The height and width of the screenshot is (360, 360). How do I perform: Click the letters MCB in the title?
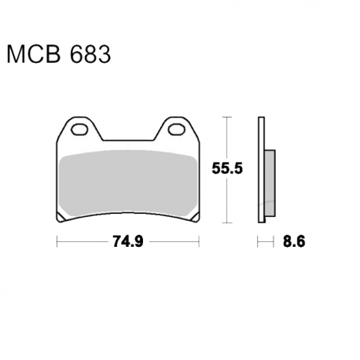pyautogui.click(x=34, y=54)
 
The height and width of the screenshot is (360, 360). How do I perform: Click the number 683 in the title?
pyautogui.click(x=90, y=54)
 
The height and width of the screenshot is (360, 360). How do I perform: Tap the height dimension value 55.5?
pyautogui.click(x=227, y=168)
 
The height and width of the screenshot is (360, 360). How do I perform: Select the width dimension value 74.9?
pyautogui.click(x=128, y=241)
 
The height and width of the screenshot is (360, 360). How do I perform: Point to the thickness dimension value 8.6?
pyautogui.click(x=294, y=241)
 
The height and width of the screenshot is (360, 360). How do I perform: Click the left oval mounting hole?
pyautogui.click(x=79, y=130)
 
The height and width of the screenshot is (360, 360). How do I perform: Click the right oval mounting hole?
pyautogui.click(x=176, y=130)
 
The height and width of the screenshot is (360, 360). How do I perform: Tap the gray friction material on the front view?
pyautogui.click(x=128, y=183)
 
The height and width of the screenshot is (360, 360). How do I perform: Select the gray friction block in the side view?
pyautogui.click(x=270, y=183)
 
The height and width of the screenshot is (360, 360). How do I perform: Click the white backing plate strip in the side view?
pyautogui.click(x=261, y=170)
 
